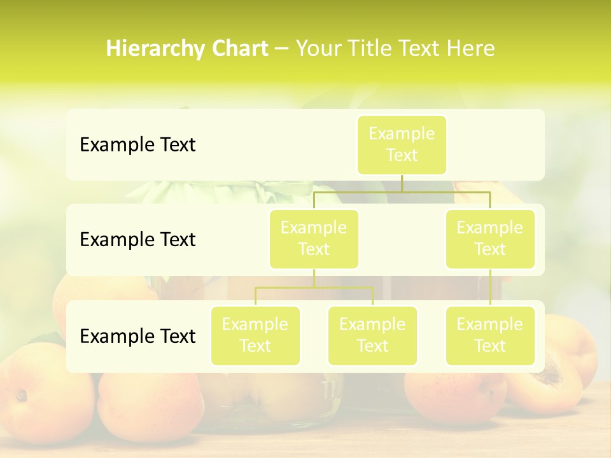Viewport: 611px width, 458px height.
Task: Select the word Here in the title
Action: point(470,49)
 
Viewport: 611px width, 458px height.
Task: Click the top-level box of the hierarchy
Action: point(402,144)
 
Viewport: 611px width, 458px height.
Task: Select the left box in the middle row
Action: point(314,239)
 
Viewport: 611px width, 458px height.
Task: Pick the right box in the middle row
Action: point(490,239)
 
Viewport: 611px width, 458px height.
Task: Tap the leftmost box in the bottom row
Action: point(255,335)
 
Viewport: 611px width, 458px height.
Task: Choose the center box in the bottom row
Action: point(372,335)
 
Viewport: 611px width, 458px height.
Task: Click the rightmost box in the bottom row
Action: point(490,335)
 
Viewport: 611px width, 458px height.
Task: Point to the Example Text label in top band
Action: point(137,145)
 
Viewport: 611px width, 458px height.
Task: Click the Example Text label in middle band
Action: point(137,240)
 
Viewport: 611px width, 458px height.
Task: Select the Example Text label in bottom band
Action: point(137,336)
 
